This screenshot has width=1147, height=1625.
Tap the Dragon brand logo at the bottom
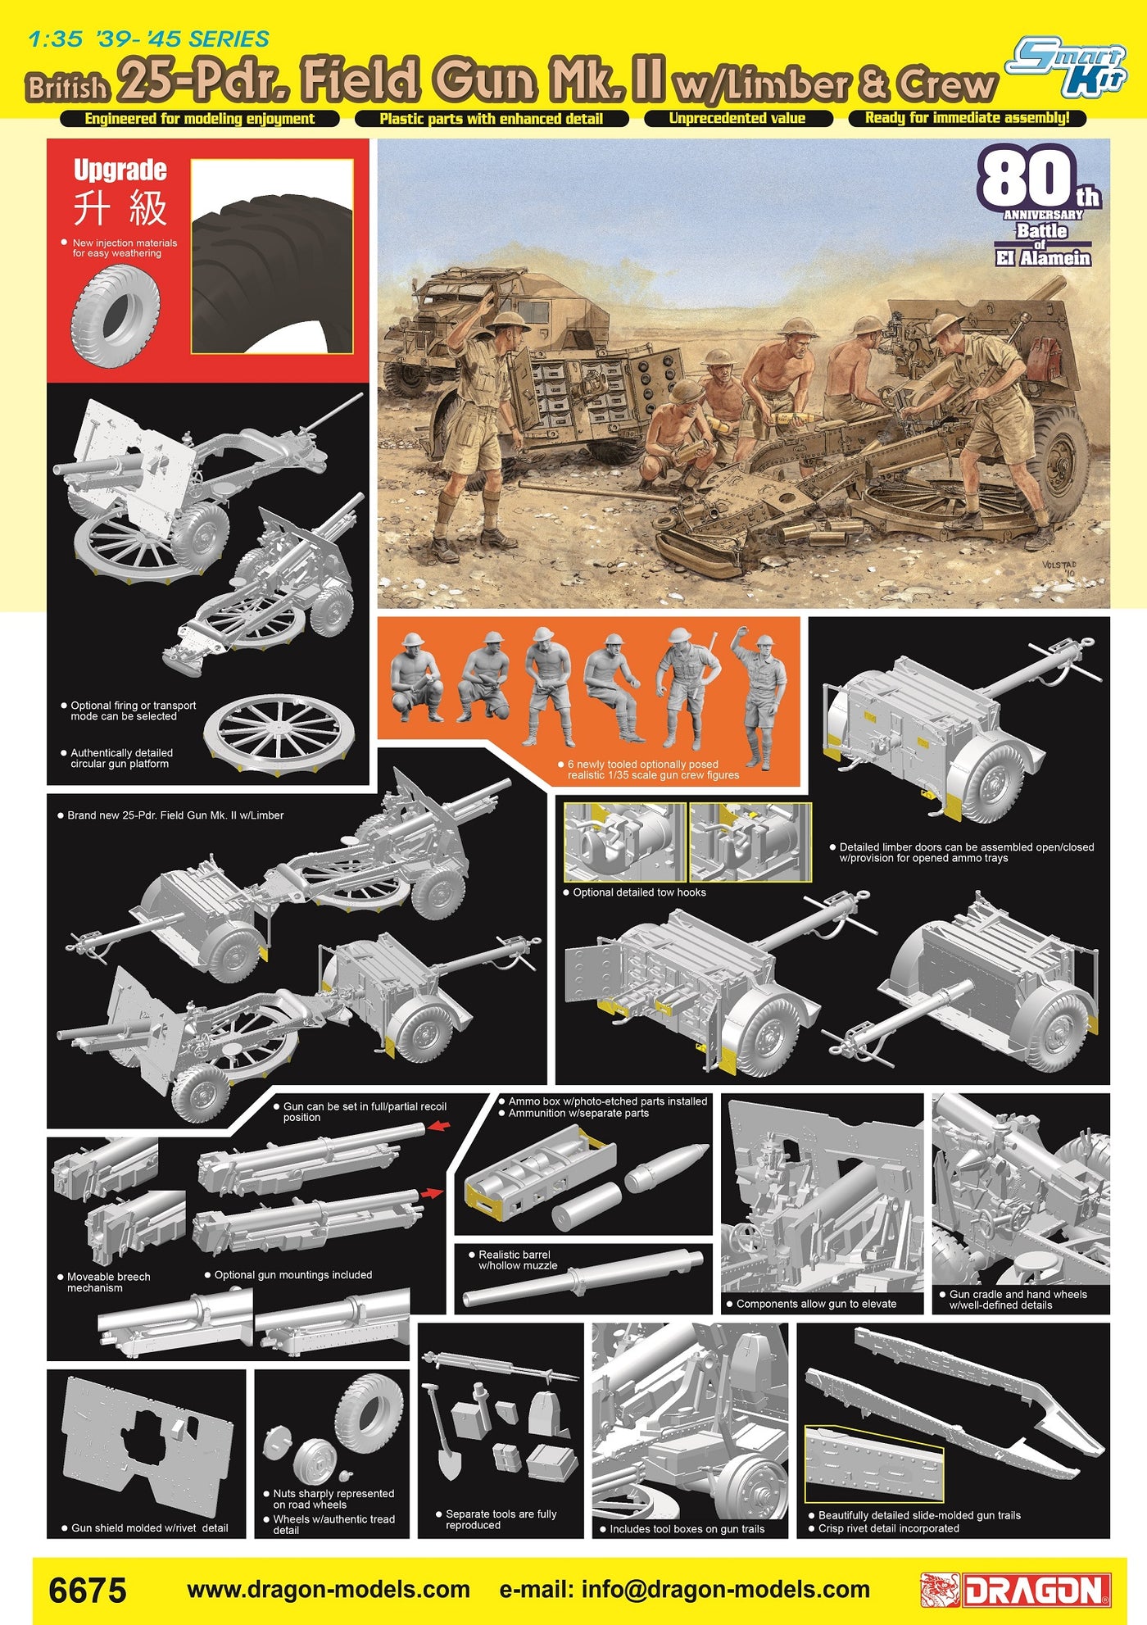pos(1016,1591)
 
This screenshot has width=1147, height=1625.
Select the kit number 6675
pos(88,1591)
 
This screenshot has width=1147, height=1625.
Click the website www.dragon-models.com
pos(329,1590)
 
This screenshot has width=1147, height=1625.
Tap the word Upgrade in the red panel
pos(120,170)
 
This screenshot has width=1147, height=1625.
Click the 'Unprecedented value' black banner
pos(738,118)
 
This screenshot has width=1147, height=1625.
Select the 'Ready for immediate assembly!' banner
pos(968,118)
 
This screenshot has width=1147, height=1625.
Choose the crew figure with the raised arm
pos(759,698)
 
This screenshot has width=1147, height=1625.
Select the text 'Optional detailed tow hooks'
pos(639,892)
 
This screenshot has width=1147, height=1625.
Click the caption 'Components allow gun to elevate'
pos(816,1304)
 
